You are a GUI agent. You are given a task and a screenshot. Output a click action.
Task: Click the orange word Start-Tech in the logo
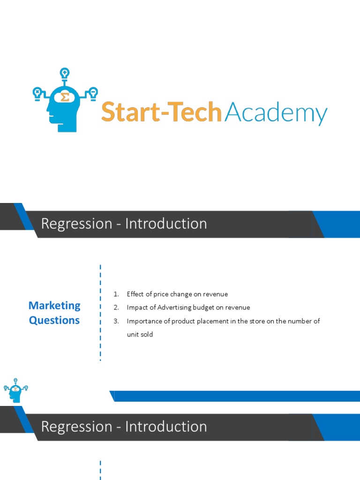pyautogui.click(x=161, y=112)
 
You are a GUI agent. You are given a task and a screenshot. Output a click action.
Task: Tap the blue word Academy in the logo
pyautogui.click(x=276, y=113)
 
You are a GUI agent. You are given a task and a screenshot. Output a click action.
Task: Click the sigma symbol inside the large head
pyautogui.click(x=65, y=97)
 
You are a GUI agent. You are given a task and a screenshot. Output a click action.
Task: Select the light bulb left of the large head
pyautogui.click(x=37, y=92)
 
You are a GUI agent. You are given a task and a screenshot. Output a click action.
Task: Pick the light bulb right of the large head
pyautogui.click(x=93, y=92)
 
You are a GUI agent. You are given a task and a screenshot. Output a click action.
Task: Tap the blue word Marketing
pyautogui.click(x=54, y=306)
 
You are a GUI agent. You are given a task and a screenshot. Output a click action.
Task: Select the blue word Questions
pyautogui.click(x=54, y=321)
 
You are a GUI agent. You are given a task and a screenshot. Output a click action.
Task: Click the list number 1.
pyautogui.click(x=116, y=294)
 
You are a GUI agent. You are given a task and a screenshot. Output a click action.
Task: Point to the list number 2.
pyautogui.click(x=116, y=307)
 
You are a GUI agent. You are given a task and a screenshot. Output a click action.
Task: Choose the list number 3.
pyautogui.click(x=116, y=321)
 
